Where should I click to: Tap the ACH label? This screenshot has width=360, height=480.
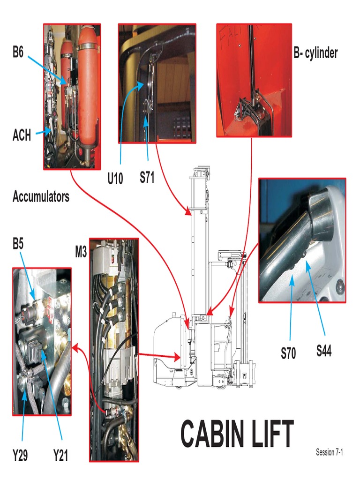(22, 135)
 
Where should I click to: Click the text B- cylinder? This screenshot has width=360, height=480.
(315, 53)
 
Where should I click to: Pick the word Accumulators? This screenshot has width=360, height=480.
(41, 196)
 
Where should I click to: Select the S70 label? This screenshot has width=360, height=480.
(288, 353)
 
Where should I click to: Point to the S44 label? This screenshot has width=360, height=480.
(323, 350)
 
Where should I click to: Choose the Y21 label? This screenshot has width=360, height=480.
(60, 455)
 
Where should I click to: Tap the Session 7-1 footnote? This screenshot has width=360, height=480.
(332, 452)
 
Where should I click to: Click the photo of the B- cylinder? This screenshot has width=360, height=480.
(254, 80)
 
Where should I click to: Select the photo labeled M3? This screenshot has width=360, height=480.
(114, 349)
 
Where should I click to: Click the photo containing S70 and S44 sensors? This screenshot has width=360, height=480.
(302, 240)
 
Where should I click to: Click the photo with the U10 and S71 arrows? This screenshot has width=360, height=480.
(157, 83)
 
